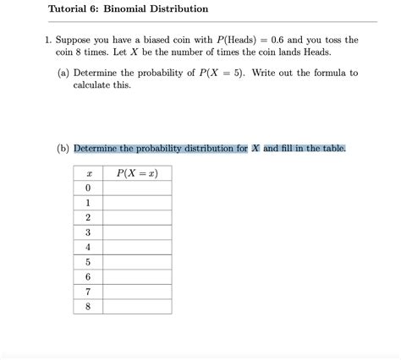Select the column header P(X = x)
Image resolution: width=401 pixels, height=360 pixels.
coord(136,173)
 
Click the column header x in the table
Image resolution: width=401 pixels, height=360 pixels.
coord(88,173)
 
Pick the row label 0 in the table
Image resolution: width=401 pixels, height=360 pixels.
coord(88,188)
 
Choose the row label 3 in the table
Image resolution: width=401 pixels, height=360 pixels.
coord(88,232)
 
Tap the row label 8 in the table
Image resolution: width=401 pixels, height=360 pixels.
coord(88,306)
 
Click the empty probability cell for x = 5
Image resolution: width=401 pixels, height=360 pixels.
coord(136,262)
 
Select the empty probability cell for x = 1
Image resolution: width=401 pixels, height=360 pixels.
coord(136,203)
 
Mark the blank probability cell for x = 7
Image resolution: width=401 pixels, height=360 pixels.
coord(136,292)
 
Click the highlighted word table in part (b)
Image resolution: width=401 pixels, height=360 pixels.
coord(328,149)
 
